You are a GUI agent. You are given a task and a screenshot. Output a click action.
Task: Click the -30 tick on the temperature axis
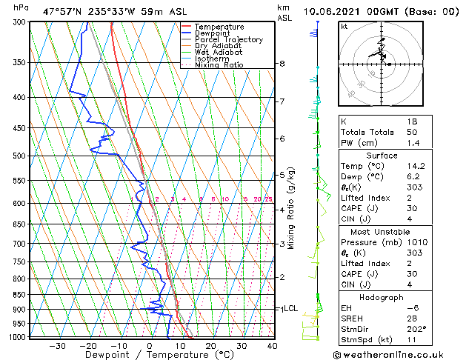(57, 345)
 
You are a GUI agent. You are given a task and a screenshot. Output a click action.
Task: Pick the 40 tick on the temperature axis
(272, 345)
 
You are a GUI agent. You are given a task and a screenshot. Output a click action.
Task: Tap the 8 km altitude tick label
(282, 64)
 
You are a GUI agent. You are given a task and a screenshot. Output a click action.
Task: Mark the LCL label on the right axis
(290, 308)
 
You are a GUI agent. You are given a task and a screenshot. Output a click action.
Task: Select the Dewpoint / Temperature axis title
(149, 355)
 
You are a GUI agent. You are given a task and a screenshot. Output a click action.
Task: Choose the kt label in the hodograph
(344, 26)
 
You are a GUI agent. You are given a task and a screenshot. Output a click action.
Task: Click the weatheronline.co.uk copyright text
(399, 354)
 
